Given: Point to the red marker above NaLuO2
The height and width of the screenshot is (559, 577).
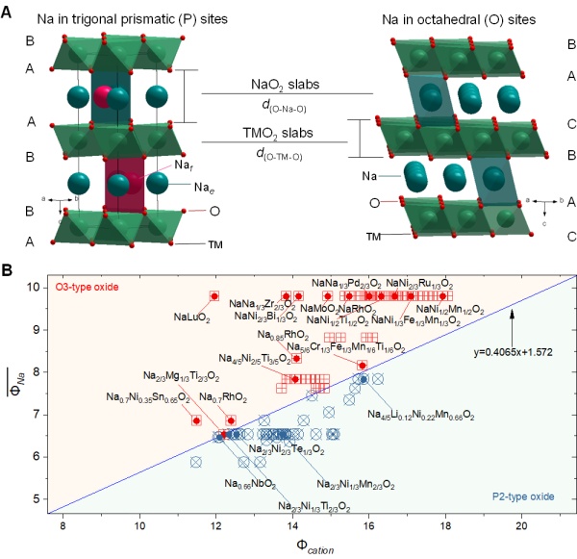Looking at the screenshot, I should coord(214,296).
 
